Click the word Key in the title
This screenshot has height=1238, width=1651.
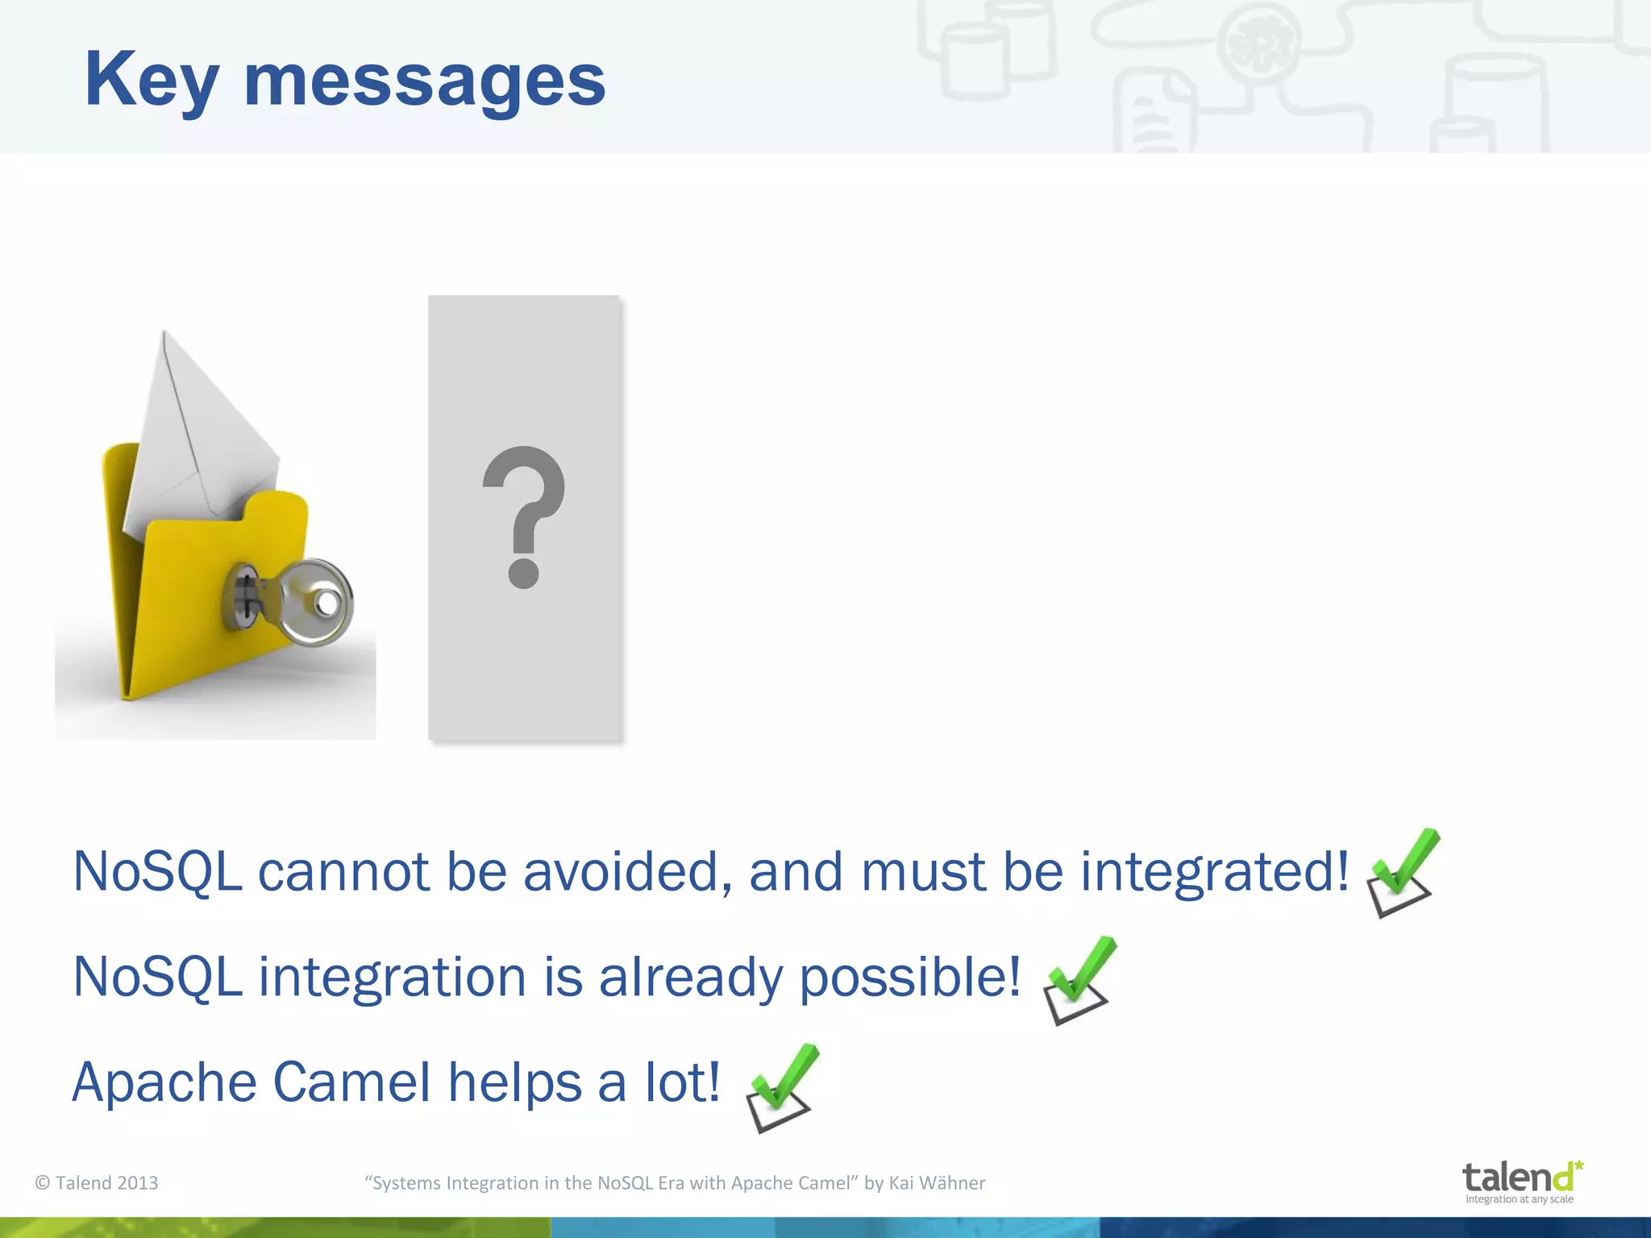[152, 81]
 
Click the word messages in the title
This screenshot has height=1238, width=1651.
[424, 82]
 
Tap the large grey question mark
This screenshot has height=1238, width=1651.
[524, 516]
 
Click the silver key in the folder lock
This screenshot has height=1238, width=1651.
[306, 603]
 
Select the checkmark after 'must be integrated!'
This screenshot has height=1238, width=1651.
[1403, 872]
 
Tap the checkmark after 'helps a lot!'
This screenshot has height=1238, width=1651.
[780, 1088]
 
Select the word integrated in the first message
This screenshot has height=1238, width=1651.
[1213, 872]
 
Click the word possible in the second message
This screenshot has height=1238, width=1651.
[909, 978]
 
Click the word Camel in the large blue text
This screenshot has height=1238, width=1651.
[351, 1082]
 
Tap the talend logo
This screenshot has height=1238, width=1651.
[1519, 1178]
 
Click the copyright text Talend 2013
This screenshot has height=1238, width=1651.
[98, 1182]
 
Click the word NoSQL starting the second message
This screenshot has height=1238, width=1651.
[157, 978]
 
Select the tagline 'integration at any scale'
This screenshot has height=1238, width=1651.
[1519, 1199]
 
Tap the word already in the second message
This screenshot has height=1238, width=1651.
[690, 978]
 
